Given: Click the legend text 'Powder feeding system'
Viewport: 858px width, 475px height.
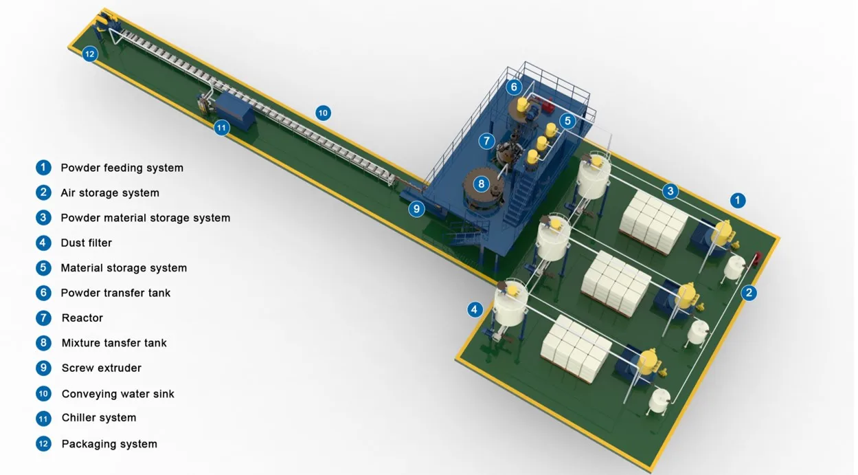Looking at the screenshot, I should coord(122,168).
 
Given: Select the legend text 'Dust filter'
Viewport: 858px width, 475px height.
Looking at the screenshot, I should coord(86,243).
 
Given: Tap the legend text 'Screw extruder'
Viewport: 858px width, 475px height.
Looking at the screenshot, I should coord(102,368).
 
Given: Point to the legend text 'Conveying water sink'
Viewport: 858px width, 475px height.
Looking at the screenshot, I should coord(117,394).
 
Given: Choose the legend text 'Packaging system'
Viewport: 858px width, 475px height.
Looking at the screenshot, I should coord(109,444).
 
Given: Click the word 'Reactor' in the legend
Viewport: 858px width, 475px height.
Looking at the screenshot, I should coord(82,318).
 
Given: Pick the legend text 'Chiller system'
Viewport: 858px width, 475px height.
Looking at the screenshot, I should coord(99,418).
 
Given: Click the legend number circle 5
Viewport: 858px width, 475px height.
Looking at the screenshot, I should coord(44,268).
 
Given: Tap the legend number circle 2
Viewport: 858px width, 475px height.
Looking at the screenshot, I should coord(44,193).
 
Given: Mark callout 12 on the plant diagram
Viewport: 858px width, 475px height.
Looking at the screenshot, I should coord(90,54).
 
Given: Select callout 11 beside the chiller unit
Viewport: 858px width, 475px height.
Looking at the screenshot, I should coord(221,128).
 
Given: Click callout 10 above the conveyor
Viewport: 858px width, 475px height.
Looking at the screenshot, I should coord(323,113).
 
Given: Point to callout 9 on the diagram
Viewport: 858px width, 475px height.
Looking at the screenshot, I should coord(416,209).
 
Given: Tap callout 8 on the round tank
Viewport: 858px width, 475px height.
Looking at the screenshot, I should coord(482,184).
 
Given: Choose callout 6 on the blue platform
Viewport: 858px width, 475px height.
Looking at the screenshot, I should coord(514,87).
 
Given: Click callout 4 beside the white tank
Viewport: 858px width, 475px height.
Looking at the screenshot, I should coord(475,310).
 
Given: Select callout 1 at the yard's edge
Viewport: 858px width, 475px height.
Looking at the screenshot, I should coord(737,201).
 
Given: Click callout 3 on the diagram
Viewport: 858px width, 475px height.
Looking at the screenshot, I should coord(670,191).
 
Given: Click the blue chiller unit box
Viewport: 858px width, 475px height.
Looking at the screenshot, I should coord(237,111).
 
